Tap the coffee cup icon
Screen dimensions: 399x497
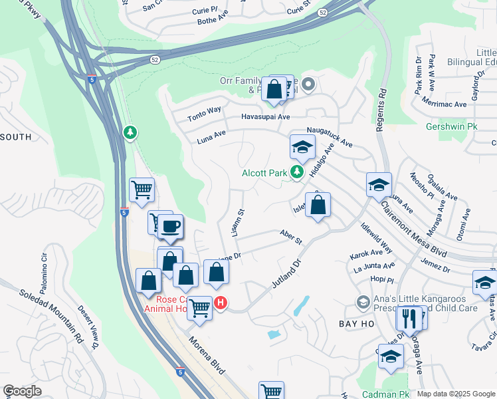171,226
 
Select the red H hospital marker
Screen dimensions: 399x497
221,303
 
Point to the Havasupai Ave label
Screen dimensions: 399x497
266,116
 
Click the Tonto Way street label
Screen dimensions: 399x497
204,114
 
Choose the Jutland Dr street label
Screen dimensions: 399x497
286,274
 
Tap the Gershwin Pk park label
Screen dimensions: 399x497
451,126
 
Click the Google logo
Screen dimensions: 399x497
22,391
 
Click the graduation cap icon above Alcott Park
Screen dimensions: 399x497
302,147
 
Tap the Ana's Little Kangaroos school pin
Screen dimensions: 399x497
363,303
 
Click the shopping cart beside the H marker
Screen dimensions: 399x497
199,307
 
